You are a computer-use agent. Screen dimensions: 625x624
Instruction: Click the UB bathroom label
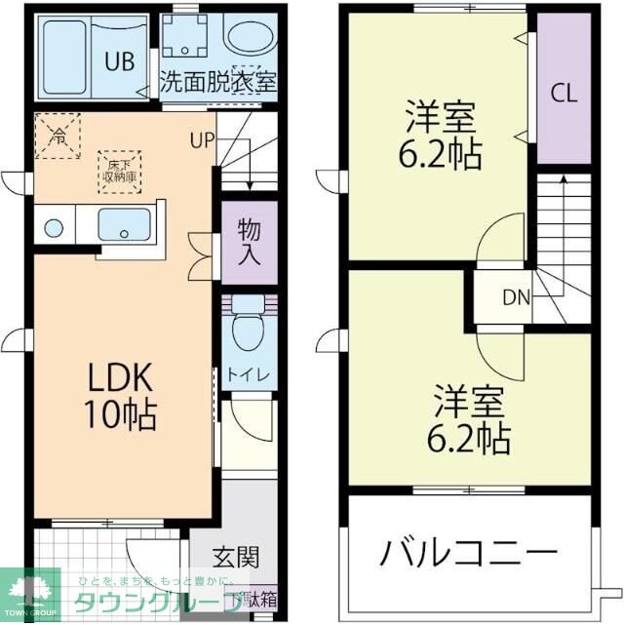(x=120, y=60)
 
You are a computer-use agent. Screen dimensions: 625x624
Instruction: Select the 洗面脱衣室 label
(x=218, y=83)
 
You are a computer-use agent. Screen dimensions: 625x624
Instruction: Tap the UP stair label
(x=202, y=139)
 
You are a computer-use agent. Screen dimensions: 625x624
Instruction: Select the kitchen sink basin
(x=125, y=225)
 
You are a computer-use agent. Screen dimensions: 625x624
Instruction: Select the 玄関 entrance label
(x=236, y=558)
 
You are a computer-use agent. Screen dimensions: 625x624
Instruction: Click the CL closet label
(x=564, y=94)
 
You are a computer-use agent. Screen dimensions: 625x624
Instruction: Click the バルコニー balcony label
(x=469, y=554)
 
